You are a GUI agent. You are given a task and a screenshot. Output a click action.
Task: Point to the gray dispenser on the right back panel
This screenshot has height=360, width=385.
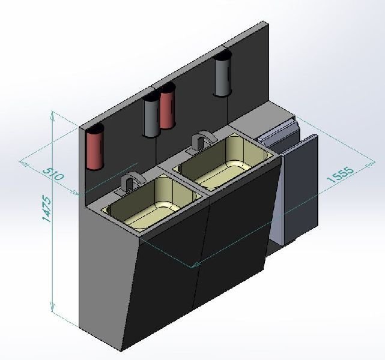pos(222,77)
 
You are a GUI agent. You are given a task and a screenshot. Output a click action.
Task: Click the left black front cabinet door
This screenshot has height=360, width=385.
pos(165,282)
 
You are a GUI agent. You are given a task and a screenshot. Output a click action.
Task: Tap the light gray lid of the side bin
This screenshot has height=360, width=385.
pos(276,133)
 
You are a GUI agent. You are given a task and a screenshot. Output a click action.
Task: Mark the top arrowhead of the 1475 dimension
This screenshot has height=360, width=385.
pos(53,114)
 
